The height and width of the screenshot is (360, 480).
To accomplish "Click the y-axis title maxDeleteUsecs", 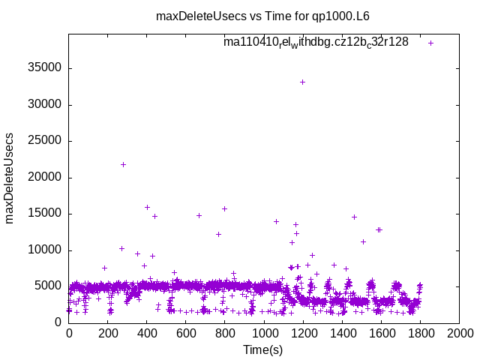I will [10, 179].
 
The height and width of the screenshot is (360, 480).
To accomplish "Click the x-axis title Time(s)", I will [263, 349].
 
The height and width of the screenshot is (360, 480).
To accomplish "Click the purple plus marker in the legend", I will [431, 43].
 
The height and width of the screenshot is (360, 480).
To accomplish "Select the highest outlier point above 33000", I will [302, 82].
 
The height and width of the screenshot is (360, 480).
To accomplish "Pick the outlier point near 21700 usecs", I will [123, 164].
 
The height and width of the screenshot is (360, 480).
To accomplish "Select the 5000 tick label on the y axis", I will [47, 286].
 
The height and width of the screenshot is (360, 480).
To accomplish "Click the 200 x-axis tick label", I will [108, 334].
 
